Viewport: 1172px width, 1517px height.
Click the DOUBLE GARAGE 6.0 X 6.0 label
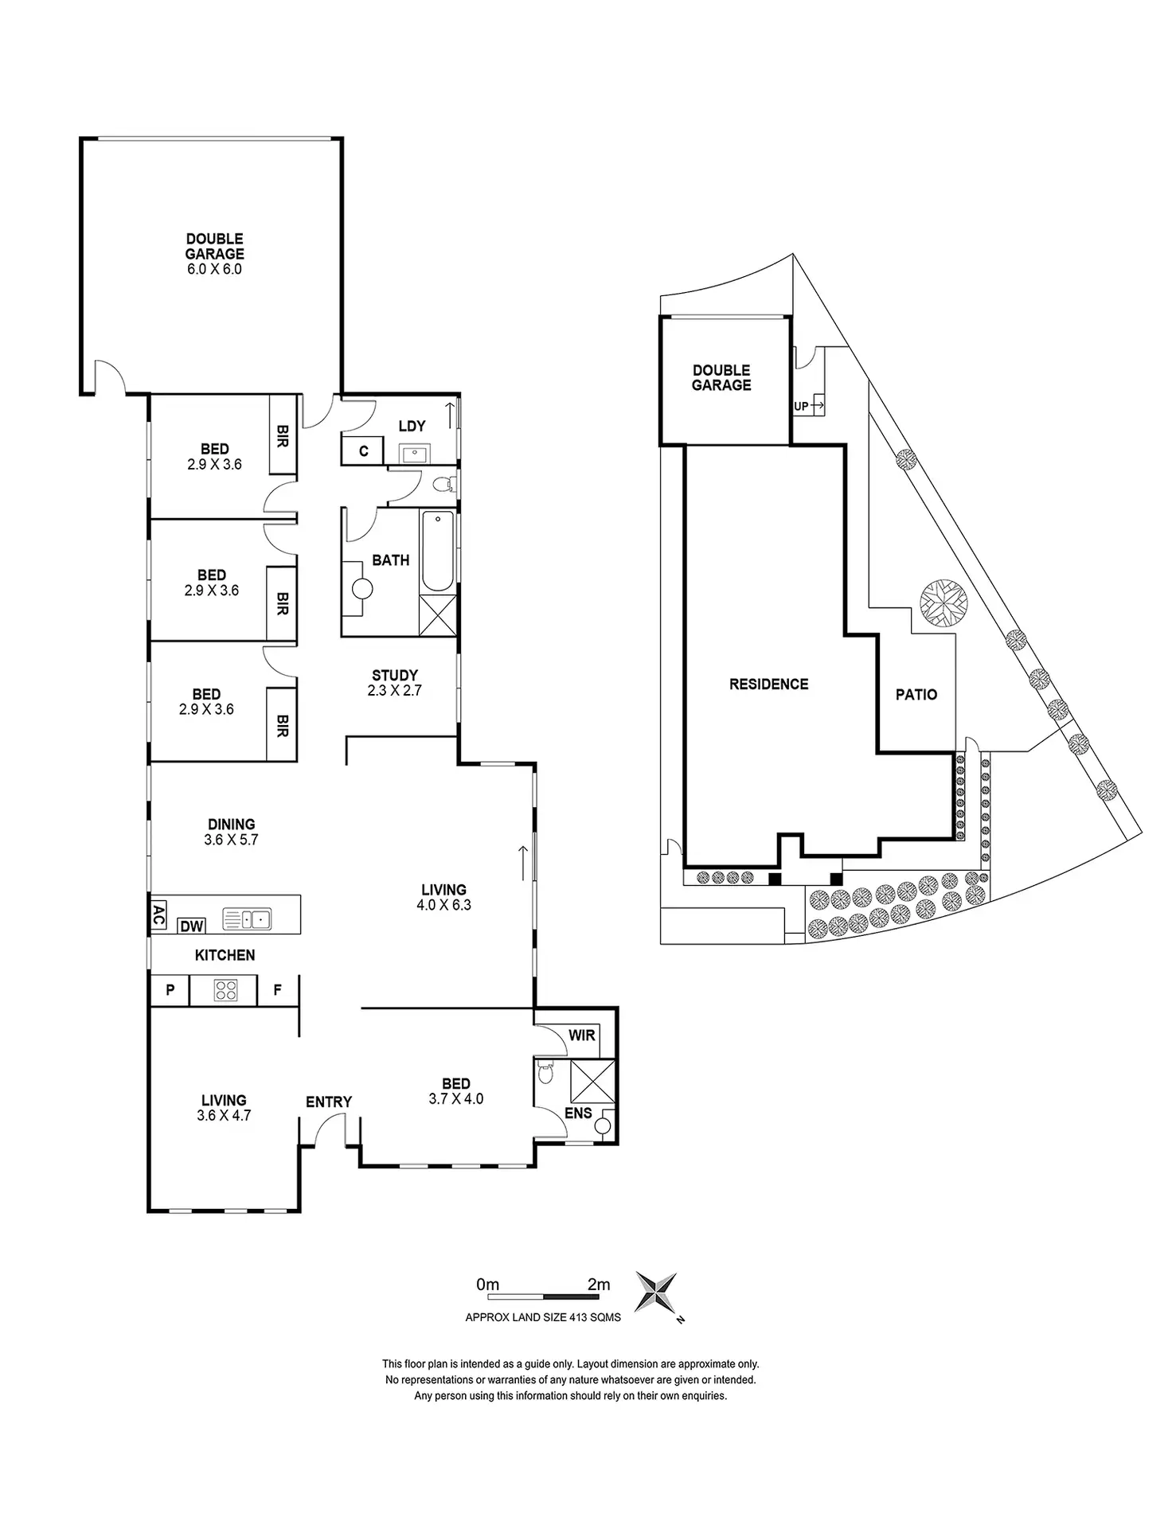[214, 254]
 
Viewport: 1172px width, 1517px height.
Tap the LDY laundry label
[412, 427]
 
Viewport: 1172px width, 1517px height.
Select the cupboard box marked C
[363, 451]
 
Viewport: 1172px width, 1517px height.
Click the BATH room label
[391, 560]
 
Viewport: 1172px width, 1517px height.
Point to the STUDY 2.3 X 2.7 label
[394, 683]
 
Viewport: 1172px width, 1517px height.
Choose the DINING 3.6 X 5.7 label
[232, 832]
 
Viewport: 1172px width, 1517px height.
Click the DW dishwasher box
[191, 926]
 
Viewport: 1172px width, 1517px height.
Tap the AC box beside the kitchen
[158, 916]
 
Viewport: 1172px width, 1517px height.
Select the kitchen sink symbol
[247, 919]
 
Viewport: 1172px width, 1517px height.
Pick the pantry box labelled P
[170, 991]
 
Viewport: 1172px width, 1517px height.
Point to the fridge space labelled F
[277, 991]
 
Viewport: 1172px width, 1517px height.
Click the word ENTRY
[329, 1102]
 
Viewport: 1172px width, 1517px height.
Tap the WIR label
[582, 1035]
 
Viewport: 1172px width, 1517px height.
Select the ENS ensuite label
[578, 1113]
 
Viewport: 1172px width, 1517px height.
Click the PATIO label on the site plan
[916, 695]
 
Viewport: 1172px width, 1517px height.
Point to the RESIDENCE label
[768, 684]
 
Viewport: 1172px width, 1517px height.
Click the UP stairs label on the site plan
[802, 406]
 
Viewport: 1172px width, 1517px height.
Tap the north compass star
[656, 1293]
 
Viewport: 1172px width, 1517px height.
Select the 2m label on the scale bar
[599, 1285]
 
